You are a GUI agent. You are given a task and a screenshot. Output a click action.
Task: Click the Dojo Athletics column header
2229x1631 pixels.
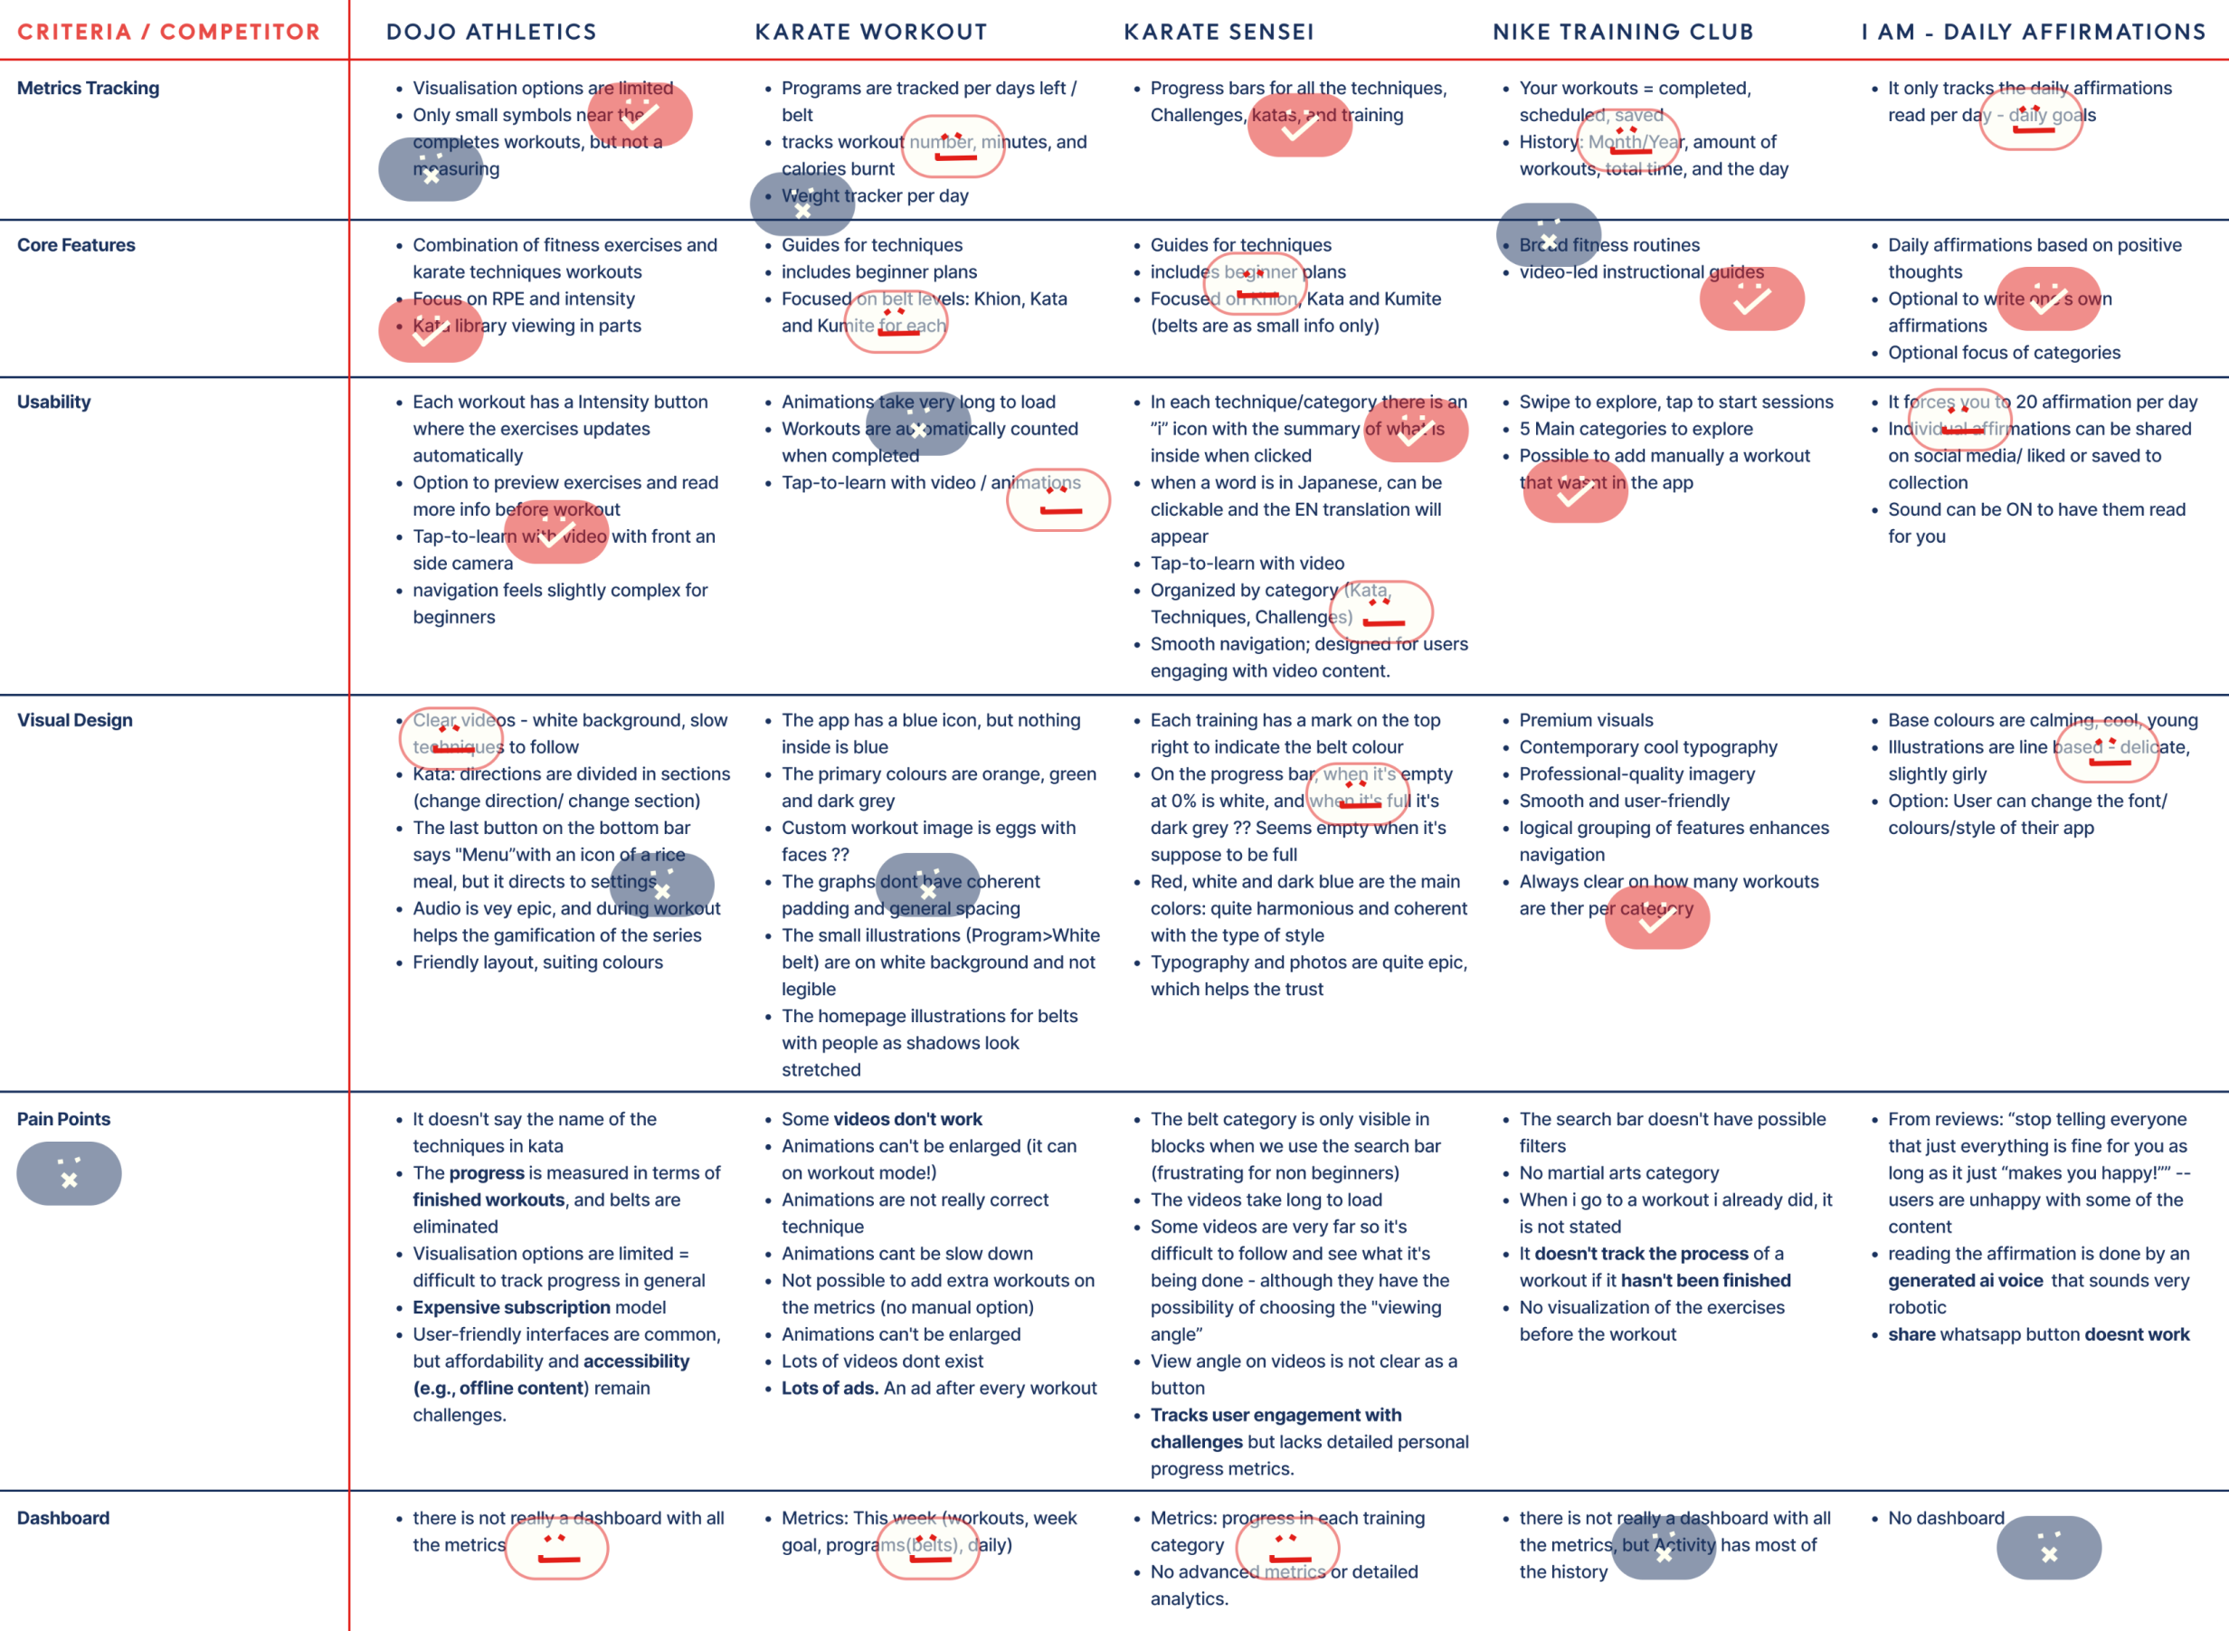point(490,32)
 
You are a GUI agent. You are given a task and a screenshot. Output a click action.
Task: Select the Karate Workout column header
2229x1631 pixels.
point(870,32)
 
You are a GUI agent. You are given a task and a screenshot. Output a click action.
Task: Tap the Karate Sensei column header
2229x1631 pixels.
point(1219,32)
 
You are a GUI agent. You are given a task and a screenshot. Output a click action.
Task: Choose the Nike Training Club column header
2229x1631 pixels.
point(1622,32)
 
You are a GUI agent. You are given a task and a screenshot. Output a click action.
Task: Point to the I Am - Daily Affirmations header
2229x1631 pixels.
point(2033,32)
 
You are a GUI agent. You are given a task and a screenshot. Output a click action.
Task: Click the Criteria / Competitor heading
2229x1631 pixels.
point(169,32)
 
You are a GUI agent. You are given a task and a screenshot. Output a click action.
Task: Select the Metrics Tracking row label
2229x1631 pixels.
point(88,88)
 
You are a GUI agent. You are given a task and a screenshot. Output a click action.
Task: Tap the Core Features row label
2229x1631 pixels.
point(76,245)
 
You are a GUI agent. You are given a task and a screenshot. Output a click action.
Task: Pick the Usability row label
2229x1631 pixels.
point(53,402)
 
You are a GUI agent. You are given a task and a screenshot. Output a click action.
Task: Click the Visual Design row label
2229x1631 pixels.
point(74,720)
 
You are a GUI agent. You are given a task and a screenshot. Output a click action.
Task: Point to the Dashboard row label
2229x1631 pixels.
point(63,1517)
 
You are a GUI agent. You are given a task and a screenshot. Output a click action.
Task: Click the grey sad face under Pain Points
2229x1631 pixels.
point(69,1174)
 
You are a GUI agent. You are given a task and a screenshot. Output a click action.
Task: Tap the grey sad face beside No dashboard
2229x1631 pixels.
point(2048,1547)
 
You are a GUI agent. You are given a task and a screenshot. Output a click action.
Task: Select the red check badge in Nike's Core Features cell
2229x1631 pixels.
point(1751,299)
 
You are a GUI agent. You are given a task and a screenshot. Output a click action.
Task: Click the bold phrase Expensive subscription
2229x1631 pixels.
point(511,1307)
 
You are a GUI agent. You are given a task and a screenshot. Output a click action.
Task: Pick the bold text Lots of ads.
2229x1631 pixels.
point(830,1389)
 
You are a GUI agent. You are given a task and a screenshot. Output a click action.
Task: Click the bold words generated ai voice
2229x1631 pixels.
point(1965,1281)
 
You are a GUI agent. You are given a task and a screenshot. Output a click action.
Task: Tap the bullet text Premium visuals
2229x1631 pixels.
point(1586,720)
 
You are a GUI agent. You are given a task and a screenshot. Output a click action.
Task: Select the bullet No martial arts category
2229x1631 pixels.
point(1618,1173)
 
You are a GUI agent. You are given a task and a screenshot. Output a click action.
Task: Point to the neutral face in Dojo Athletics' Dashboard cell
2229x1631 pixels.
point(556,1547)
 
